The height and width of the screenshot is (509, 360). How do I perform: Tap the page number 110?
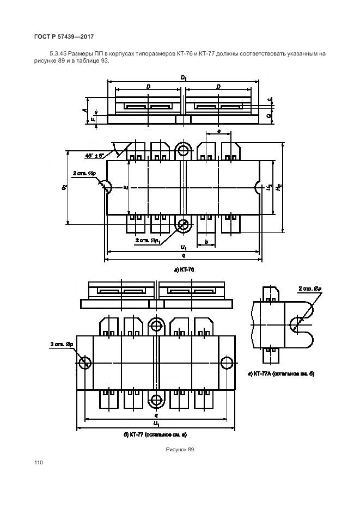tap(38, 462)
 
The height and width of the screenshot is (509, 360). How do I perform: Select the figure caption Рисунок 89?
tap(180, 449)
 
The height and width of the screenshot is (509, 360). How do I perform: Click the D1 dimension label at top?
tap(184, 78)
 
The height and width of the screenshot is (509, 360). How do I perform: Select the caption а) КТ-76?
tap(184, 270)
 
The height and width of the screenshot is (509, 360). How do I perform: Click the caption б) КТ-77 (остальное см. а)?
tap(155, 434)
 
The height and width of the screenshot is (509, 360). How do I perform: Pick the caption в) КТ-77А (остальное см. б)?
tap(281, 374)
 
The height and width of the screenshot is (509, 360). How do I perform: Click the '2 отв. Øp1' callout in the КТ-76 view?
tap(147, 240)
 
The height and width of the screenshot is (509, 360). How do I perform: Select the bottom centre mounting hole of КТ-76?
tap(184, 224)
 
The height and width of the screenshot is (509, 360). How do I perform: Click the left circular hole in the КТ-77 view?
tap(86, 363)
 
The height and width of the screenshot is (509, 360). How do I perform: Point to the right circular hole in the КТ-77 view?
tap(227, 363)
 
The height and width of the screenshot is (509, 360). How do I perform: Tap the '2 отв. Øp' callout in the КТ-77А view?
tap(309, 289)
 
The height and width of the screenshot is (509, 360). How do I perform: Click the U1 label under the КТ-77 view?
tap(156, 424)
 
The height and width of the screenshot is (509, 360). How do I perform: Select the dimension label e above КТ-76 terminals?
tap(218, 131)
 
